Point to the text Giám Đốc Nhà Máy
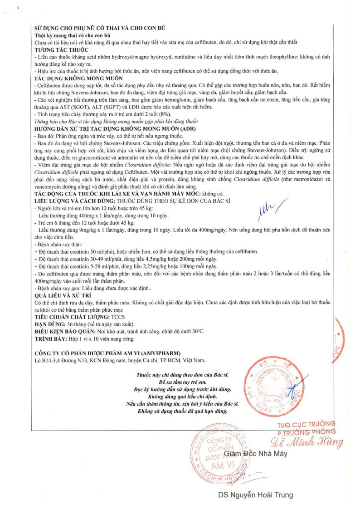tap(256, 454)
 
